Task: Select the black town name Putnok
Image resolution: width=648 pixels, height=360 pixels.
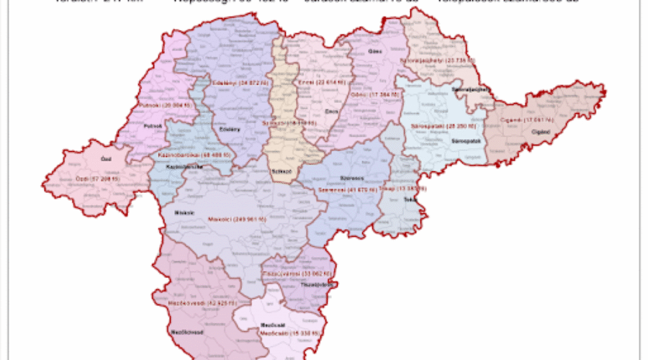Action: pyautogui.click(x=151, y=126)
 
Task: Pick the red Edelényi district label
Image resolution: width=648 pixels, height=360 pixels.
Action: pyautogui.click(x=235, y=83)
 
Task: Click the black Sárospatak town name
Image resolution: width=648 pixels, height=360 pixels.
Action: pyautogui.click(x=455, y=140)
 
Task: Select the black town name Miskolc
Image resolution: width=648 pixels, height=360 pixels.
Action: pyautogui.click(x=184, y=212)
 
